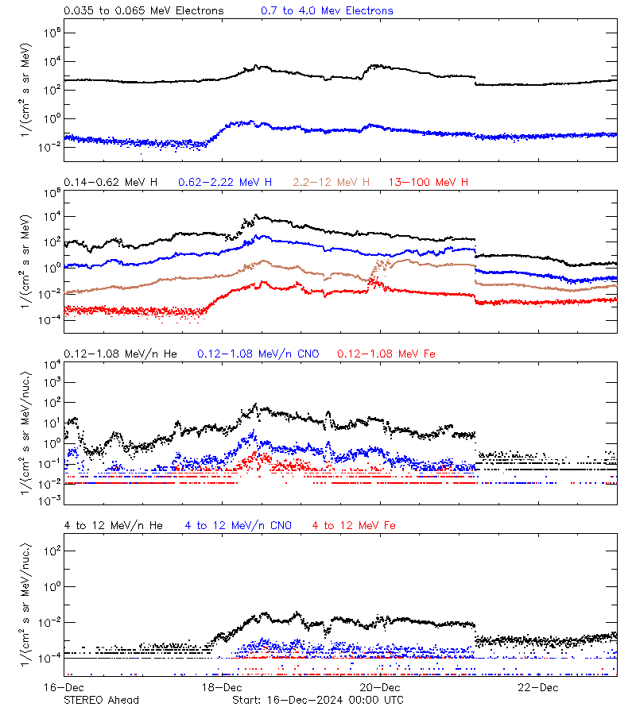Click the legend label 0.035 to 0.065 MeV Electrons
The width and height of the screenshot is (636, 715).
click(x=144, y=11)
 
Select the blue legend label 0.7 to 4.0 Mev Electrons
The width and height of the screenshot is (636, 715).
click(x=327, y=11)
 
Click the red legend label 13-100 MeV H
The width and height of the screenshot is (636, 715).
click(x=429, y=183)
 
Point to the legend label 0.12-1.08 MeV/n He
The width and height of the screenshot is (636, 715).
click(x=125, y=354)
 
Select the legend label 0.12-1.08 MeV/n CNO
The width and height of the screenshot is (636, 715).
click(x=258, y=354)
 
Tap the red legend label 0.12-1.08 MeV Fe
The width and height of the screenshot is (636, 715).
click(x=386, y=354)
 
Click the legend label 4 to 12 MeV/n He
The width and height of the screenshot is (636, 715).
click(x=114, y=526)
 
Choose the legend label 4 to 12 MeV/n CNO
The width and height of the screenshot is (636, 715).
click(x=238, y=526)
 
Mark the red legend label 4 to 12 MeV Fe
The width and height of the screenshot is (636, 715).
click(x=354, y=526)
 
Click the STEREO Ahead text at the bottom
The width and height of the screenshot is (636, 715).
click(x=101, y=700)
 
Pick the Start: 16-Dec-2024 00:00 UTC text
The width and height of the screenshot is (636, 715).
click(x=317, y=700)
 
